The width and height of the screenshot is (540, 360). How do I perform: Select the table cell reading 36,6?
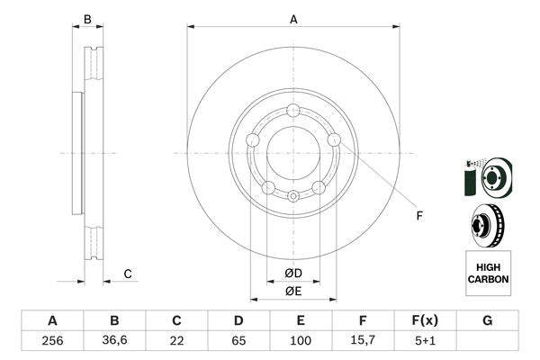pos(114,340)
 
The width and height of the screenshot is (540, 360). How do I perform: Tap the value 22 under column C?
pos(176,340)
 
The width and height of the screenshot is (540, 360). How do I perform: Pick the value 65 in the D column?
pos(238,340)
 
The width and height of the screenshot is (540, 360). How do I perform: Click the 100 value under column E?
pos(301,340)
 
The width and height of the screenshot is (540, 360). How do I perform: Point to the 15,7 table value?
pos(363,340)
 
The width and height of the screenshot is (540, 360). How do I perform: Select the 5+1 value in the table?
pos(425,340)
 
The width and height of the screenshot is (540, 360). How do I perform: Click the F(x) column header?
pos(425,320)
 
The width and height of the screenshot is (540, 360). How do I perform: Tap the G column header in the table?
pos(487,320)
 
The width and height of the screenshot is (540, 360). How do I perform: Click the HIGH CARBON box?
pos(488,273)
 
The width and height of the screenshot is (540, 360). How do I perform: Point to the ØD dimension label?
pos(292,272)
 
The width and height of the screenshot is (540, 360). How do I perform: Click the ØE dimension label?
pos(292,290)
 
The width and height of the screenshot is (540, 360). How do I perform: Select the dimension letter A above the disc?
pos(293,17)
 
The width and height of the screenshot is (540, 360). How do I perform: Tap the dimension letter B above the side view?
pos(87,19)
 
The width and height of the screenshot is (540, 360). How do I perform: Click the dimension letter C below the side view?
pos(128,274)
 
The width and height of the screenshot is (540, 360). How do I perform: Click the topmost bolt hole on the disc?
pos(293,112)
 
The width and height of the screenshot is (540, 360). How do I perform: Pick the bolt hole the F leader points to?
pos(334,139)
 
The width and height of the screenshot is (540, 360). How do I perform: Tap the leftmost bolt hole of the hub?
pos(253,140)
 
